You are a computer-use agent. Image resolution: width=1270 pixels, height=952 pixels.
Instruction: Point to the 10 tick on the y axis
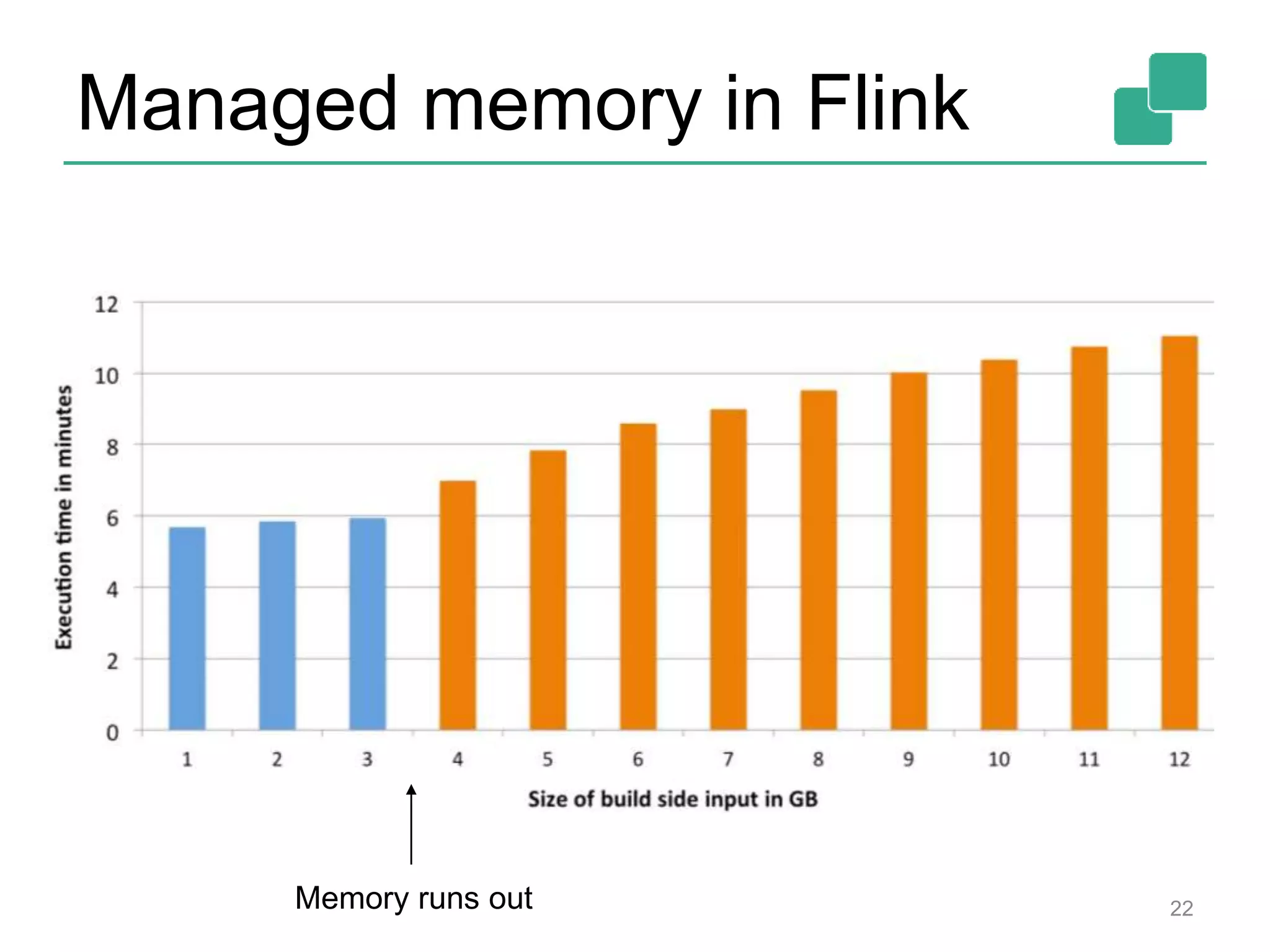tap(106, 376)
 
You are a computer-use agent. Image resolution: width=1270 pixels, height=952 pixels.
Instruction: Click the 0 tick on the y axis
tap(112, 733)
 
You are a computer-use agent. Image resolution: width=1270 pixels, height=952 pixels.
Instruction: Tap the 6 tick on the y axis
tap(112, 519)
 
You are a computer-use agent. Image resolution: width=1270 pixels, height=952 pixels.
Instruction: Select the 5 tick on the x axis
tap(548, 760)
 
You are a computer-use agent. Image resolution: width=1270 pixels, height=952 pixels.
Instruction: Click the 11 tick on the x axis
tap(1089, 760)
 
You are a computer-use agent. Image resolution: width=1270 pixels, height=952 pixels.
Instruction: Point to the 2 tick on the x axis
tap(277, 760)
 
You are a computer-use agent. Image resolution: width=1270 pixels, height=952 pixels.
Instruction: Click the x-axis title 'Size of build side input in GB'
tap(673, 800)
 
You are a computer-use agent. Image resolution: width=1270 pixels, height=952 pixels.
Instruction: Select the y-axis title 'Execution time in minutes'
tap(64, 518)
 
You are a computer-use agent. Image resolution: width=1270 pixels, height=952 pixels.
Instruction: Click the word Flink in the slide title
tap(887, 104)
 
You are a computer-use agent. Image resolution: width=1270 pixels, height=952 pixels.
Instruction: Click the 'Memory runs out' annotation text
tap(414, 898)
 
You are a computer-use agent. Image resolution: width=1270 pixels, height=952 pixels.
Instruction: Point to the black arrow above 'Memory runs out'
tap(411, 824)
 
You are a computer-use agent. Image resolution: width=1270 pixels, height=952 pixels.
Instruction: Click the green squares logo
tap(1160, 99)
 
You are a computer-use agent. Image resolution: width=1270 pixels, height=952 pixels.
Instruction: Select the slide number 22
tap(1181, 909)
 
